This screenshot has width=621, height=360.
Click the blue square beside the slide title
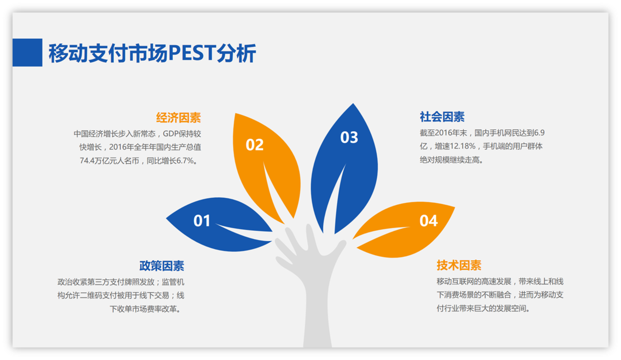click(x=28, y=53)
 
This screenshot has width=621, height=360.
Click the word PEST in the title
click(x=192, y=53)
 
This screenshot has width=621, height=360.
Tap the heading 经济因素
click(x=178, y=118)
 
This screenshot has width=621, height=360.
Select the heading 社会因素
click(x=442, y=117)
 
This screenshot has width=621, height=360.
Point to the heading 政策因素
click(x=162, y=265)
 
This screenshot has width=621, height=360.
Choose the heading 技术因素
click(x=459, y=265)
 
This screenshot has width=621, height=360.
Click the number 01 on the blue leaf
click(x=202, y=221)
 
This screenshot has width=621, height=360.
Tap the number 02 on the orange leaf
click(x=254, y=145)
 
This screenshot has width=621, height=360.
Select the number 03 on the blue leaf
click(x=349, y=137)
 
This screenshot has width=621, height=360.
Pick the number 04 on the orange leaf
click(x=428, y=221)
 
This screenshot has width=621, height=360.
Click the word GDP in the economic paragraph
click(x=170, y=134)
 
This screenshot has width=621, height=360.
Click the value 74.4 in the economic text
click(x=87, y=160)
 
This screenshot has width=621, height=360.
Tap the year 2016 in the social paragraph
click(x=443, y=133)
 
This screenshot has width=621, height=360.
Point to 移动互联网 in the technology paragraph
click(x=455, y=281)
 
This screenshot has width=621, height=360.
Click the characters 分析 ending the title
click(x=236, y=53)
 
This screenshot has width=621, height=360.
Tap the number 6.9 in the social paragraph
click(x=539, y=133)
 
